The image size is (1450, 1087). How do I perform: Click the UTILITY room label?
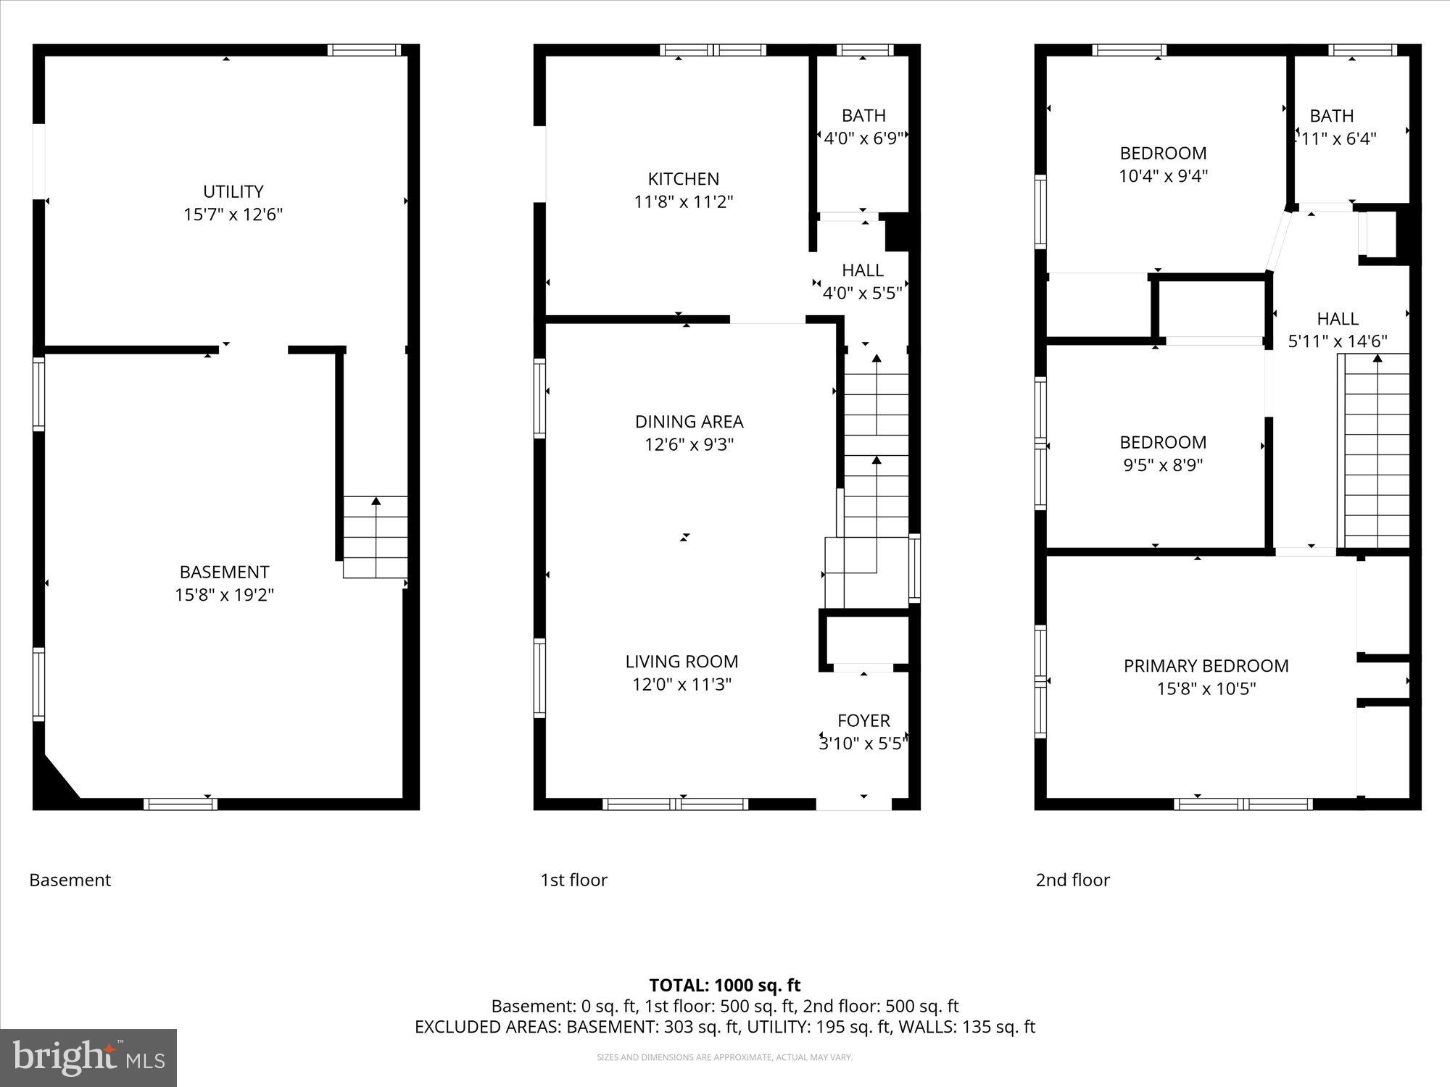pyautogui.click(x=233, y=191)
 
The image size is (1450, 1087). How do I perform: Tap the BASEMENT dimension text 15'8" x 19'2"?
pyautogui.click(x=224, y=595)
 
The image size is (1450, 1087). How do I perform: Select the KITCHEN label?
pyautogui.click(x=683, y=179)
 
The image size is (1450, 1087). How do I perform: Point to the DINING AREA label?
pyautogui.click(x=689, y=421)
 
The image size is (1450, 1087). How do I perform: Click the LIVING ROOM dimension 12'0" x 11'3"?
pyautogui.click(x=681, y=684)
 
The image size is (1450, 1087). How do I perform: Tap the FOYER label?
pyautogui.click(x=863, y=720)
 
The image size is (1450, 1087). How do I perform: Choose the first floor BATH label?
pyautogui.click(x=863, y=115)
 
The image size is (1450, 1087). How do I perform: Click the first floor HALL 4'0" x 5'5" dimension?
pyautogui.click(x=862, y=293)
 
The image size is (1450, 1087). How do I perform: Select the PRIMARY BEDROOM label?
pyautogui.click(x=1206, y=665)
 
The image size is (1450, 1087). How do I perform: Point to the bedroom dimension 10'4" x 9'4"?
pyautogui.click(x=1163, y=175)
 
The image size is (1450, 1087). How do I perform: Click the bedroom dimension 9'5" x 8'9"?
pyautogui.click(x=1163, y=465)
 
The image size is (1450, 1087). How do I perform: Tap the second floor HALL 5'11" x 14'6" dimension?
pyautogui.click(x=1337, y=341)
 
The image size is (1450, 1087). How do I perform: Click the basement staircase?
pyautogui.click(x=375, y=537)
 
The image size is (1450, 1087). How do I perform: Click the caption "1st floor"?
pyautogui.click(x=573, y=880)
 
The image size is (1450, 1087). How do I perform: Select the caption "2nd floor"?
pyautogui.click(x=1072, y=880)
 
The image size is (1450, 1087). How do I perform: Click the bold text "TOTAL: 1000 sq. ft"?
pyautogui.click(x=724, y=985)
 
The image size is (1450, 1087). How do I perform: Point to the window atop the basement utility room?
pyautogui.click(x=363, y=50)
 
